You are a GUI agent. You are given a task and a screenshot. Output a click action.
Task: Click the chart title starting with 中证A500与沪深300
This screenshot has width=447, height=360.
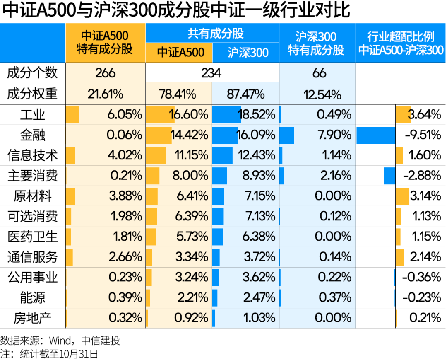pyautogui.click(x=176, y=11)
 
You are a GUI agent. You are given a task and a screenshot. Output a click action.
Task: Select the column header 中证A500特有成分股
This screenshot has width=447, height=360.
pyautogui.click(x=105, y=43)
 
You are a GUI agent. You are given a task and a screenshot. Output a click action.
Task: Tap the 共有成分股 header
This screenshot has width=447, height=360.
pyautogui.click(x=212, y=33)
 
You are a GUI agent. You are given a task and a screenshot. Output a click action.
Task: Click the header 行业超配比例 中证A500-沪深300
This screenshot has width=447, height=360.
pyautogui.click(x=401, y=43)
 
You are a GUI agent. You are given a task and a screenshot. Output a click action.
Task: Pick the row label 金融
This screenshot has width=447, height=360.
pyautogui.click(x=33, y=135)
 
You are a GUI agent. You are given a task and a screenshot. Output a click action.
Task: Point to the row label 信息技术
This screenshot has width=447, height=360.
pyautogui.click(x=33, y=155)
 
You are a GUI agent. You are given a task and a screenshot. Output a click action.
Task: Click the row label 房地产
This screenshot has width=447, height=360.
pyautogui.click(x=33, y=318)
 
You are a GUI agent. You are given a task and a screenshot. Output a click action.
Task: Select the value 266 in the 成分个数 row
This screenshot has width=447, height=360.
pyautogui.click(x=105, y=73)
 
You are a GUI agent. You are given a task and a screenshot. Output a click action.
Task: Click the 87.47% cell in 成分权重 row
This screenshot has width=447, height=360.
pyautogui.click(x=245, y=94)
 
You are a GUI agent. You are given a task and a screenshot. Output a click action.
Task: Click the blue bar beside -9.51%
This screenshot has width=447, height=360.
pyautogui.click(x=375, y=135)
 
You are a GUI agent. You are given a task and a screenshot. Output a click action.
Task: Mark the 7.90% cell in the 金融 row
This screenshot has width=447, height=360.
pyautogui.click(x=335, y=135)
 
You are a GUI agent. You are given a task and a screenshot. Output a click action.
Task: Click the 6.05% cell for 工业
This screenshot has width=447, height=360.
pyautogui.click(x=125, y=115)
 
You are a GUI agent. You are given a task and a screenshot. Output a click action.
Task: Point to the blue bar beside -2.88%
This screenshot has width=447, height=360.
pyautogui.click(x=389, y=176)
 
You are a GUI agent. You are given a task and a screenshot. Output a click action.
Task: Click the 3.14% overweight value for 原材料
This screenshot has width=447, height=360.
pyautogui.click(x=425, y=196)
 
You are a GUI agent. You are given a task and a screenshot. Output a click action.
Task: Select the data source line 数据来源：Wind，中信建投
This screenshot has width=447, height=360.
pyautogui.click(x=60, y=341)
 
